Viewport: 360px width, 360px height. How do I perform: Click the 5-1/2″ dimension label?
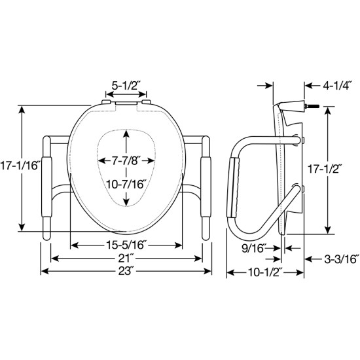coord(125,85)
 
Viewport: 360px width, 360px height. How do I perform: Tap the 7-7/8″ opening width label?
coord(126,160)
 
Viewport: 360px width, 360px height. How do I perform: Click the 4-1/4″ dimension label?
coord(333,84)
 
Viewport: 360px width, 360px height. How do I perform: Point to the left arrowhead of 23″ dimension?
coord(45,270)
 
